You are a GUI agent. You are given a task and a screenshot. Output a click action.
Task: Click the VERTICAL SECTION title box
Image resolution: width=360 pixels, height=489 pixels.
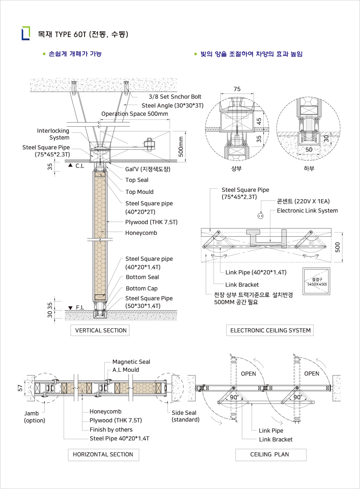click(100, 330)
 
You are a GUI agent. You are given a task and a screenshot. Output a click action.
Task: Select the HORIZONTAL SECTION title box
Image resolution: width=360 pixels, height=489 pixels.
click(103, 454)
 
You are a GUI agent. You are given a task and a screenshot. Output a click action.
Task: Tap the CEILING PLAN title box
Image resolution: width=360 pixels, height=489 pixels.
click(270, 454)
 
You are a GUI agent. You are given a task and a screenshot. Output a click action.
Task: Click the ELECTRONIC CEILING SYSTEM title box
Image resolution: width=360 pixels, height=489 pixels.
click(270, 330)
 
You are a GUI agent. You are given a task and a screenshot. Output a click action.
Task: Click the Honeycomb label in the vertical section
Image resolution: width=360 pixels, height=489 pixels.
click(141, 233)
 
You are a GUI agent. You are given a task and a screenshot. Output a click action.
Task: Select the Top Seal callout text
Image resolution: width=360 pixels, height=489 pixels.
click(137, 180)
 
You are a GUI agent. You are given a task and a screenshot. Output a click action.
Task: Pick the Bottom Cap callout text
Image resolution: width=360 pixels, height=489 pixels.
click(141, 289)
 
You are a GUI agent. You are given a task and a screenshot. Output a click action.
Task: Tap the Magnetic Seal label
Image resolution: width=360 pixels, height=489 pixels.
click(131, 362)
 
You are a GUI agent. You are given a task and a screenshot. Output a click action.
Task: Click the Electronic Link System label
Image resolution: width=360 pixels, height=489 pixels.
click(307, 211)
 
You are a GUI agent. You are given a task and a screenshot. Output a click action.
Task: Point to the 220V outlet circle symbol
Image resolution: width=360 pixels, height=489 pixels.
click(260, 216)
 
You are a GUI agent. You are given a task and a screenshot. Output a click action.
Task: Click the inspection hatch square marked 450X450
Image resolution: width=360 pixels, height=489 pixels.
click(317, 282)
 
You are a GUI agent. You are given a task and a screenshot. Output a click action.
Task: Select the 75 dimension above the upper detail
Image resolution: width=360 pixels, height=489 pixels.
click(237, 89)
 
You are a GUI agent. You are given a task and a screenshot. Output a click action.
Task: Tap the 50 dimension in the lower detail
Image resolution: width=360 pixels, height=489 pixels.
click(309, 149)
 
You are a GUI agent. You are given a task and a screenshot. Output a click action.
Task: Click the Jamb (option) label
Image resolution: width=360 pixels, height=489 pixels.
click(34, 417)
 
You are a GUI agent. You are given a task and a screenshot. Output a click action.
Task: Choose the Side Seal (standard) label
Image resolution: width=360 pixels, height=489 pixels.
click(185, 416)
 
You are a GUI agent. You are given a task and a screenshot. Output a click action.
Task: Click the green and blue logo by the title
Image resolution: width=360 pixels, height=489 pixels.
click(26, 33)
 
